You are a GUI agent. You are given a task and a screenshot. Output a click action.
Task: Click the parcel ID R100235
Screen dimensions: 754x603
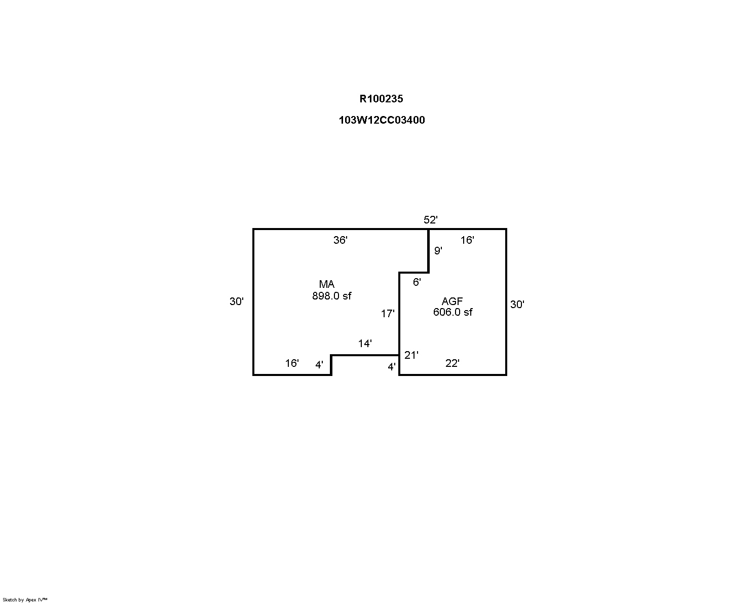pos(381,99)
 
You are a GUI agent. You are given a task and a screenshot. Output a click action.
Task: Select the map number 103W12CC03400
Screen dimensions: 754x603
pos(382,120)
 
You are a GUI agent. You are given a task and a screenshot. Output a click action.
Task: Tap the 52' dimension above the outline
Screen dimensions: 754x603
pos(431,220)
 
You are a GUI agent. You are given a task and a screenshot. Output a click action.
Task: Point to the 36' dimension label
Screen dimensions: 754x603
pos(340,240)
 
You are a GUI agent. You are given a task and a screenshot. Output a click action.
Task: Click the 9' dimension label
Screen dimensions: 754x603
pos(438,250)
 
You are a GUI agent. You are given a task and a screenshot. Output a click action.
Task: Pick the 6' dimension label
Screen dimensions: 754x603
pos(417,282)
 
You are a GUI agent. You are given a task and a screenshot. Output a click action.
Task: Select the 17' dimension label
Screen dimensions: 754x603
pos(388,314)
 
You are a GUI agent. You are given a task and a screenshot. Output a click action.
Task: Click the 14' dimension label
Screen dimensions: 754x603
pos(365,344)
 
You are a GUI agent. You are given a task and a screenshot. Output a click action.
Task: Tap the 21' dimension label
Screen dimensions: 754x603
pos(411,355)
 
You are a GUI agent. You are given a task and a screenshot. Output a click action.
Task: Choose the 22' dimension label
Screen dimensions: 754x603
pos(453,363)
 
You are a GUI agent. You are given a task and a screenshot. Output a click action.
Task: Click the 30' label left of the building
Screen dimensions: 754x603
pos(237,301)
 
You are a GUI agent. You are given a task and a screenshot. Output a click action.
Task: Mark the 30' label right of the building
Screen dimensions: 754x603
pos(517,305)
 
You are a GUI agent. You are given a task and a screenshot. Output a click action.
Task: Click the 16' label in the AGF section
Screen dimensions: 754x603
pos(467,240)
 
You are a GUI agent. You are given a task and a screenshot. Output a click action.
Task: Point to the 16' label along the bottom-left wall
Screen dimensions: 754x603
pos(292,363)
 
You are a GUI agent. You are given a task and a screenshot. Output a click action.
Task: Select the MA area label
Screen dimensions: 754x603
pos(326,284)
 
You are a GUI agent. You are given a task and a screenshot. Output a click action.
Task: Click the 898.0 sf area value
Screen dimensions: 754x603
pos(332,296)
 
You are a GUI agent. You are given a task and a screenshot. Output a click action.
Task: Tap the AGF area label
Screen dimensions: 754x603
pos(453,301)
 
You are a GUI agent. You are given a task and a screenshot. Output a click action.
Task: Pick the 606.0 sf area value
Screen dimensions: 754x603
pos(453,312)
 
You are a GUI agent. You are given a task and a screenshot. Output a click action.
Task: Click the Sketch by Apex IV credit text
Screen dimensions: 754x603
pos(25,600)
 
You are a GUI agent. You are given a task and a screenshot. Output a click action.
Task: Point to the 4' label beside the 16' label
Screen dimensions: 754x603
pos(319,365)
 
